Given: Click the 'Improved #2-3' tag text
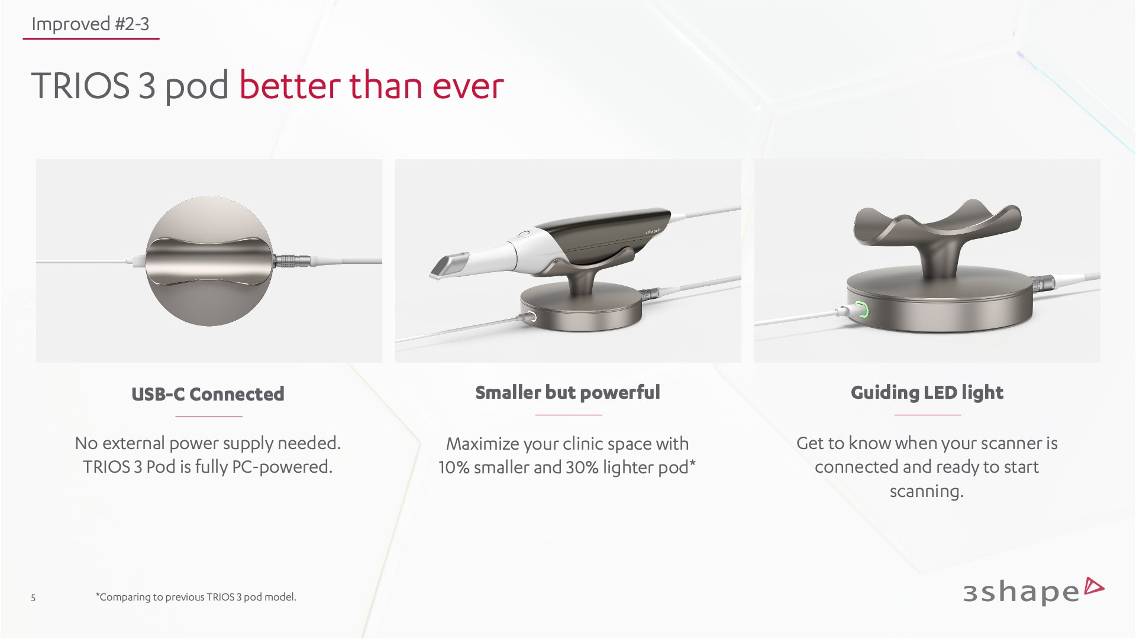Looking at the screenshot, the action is (90, 24).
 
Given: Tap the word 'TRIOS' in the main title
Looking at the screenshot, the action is (80, 85).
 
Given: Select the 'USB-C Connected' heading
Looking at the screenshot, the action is (208, 394).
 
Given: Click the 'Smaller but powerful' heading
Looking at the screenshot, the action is (567, 392).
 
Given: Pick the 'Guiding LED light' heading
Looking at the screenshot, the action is (927, 393).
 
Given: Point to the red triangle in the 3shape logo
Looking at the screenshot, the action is (1093, 586).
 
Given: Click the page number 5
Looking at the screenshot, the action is (33, 598).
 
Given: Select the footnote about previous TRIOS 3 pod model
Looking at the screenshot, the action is (196, 597).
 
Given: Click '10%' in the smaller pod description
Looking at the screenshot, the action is (454, 467).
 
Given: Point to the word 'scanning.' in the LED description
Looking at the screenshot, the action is (927, 492).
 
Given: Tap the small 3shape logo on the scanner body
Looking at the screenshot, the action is (656, 229).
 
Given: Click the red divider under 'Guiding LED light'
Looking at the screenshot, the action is (927, 415).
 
